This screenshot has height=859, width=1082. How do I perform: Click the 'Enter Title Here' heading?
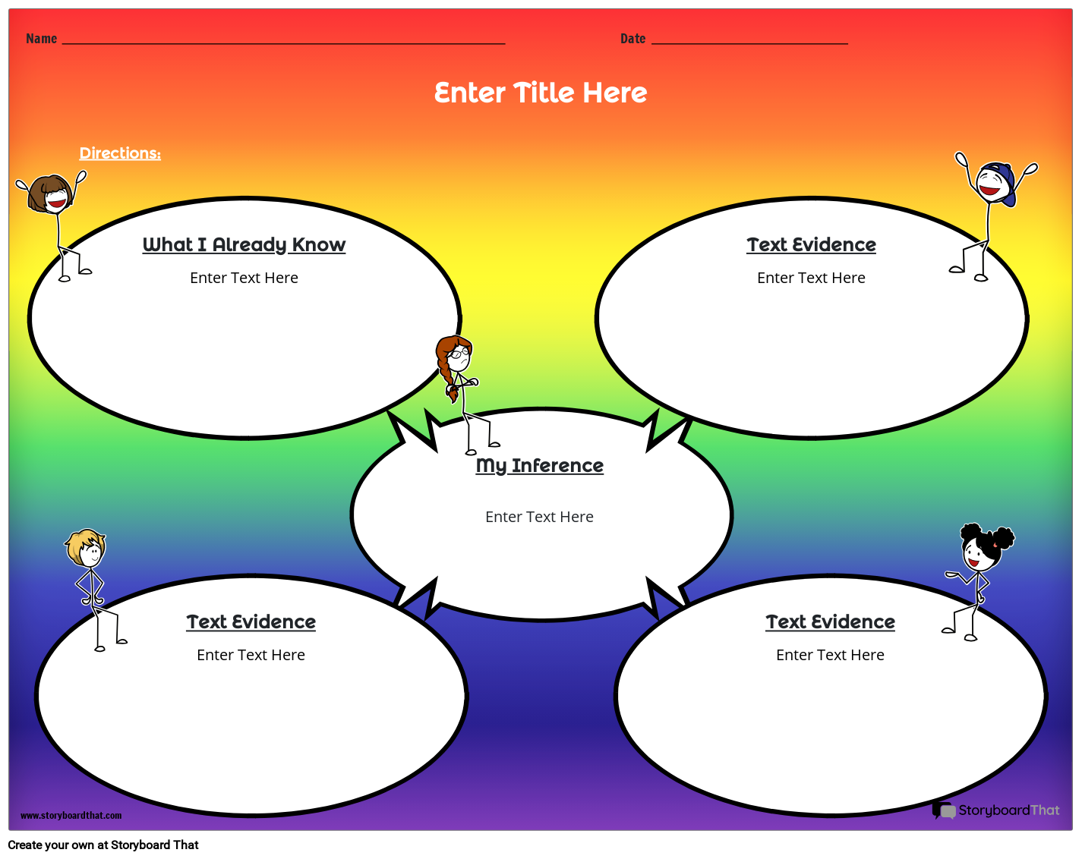(540, 93)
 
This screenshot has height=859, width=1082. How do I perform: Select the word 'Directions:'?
(120, 153)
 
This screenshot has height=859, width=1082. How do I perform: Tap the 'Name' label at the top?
(41, 39)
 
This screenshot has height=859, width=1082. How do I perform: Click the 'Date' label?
(632, 39)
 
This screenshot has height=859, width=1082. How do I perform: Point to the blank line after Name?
(283, 42)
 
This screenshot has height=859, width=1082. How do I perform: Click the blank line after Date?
(749, 42)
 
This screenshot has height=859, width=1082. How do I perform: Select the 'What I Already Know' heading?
(244, 244)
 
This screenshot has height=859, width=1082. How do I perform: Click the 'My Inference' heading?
(539, 465)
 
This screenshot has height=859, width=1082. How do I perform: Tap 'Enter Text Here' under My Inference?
(539, 517)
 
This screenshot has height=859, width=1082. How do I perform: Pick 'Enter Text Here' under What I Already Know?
(244, 278)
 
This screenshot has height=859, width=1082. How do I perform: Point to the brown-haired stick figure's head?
(51, 194)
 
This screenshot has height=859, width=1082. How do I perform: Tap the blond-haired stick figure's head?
(86, 548)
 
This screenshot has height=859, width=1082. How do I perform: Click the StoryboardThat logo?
(995, 810)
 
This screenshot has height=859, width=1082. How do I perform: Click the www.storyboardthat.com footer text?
(71, 816)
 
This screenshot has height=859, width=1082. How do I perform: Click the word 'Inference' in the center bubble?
(557, 465)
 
